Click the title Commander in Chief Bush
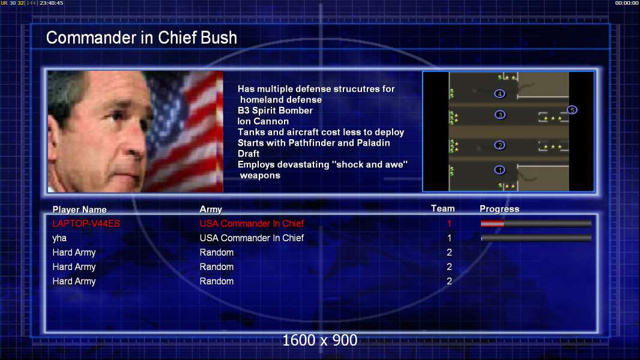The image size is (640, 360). pos(141,38)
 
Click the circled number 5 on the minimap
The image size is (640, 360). pos(572,110)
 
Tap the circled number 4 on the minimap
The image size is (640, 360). pos(500,94)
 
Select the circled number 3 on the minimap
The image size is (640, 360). pos(500,115)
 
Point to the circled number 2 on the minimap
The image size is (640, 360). pos(500,145)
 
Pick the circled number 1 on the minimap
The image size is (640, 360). pos(500,170)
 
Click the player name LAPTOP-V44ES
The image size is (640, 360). pos(86,223)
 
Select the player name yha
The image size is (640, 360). pos(59,238)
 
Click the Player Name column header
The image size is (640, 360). pos(80,209)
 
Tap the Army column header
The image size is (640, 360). pos(211,209)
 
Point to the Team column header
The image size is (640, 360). pos(443,209)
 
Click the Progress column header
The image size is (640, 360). pos(500,209)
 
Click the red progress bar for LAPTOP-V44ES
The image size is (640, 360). pos(492,223)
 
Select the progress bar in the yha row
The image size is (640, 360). pos(536,238)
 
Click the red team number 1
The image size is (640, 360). pos(450,223)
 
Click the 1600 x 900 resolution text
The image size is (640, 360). pos(319,340)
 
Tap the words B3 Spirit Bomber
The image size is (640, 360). pos(275,110)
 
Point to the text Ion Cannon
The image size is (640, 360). pos(263,121)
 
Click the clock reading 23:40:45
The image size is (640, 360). pos(52,3)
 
